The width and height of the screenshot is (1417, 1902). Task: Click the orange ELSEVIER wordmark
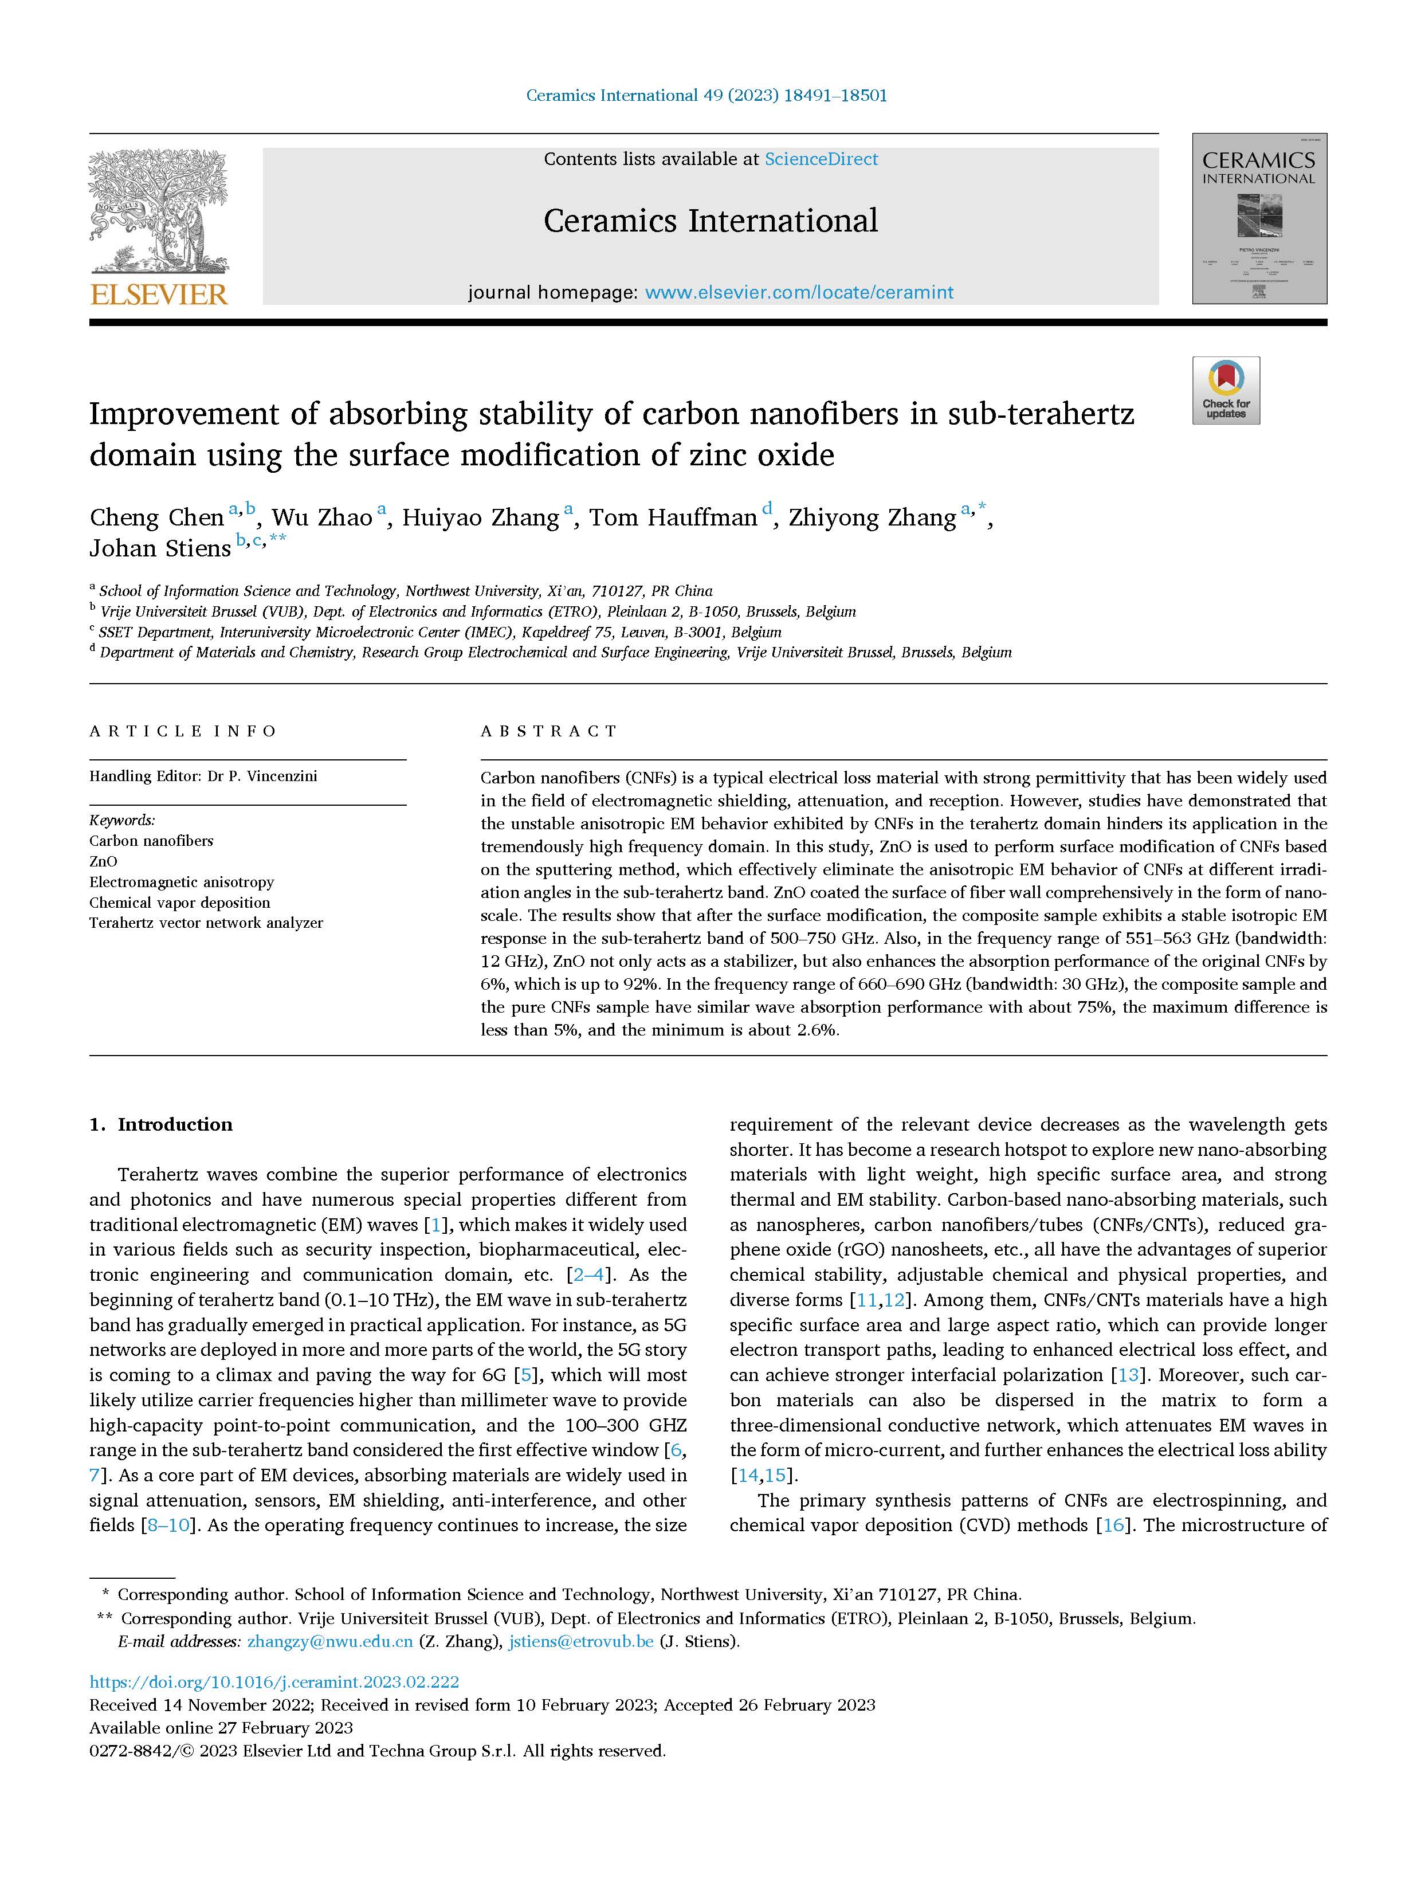[159, 294]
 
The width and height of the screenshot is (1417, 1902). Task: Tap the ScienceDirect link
[821, 159]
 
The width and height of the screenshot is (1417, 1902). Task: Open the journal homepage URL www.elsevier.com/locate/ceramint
[799, 293]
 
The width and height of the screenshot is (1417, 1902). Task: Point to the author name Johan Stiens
[160, 549]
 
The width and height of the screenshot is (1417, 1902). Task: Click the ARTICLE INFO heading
[183, 731]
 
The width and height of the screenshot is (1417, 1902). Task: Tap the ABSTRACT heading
[548, 731]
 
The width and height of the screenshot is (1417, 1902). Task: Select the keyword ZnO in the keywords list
[103, 861]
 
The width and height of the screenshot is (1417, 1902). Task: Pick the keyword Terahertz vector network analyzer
[206, 923]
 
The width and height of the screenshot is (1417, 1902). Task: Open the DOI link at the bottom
[274, 1681]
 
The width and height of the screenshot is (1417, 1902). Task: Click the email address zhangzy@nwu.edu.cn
[329, 1641]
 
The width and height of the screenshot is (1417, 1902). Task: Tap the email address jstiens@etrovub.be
[580, 1641]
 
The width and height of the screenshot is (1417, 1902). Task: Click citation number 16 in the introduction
[1113, 1525]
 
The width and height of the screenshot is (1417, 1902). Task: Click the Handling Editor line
[203, 777]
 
